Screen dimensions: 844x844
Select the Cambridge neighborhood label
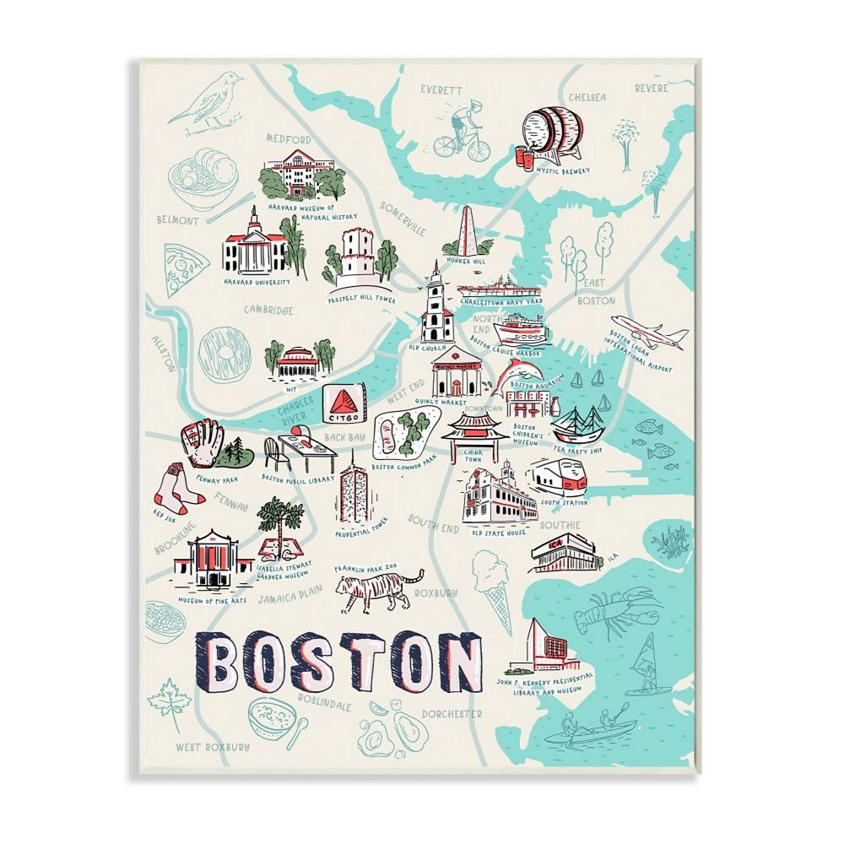click(268, 310)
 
